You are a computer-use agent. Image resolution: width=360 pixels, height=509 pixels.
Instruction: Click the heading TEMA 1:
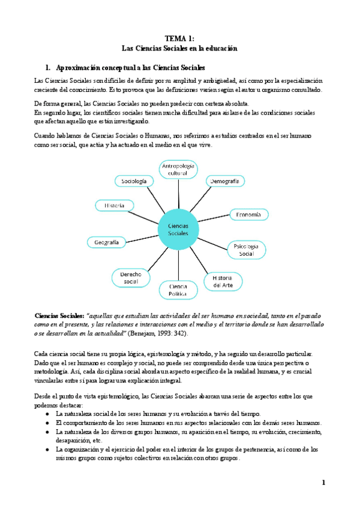point(180,39)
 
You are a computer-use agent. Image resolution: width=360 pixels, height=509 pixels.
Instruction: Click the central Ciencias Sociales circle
point(178,229)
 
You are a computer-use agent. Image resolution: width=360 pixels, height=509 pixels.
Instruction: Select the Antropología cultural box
point(178,169)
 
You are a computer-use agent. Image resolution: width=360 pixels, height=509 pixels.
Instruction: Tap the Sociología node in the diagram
point(134,181)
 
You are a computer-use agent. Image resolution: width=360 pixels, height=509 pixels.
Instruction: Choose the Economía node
point(248,214)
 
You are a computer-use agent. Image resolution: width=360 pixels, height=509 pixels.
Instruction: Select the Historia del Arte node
point(223,280)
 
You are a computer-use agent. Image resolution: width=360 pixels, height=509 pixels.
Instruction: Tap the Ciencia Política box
point(178,290)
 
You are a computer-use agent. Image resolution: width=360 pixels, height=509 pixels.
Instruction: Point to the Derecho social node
point(130,278)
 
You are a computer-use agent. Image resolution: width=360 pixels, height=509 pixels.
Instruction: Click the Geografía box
point(107,242)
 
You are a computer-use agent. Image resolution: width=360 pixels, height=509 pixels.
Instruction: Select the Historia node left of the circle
point(115,205)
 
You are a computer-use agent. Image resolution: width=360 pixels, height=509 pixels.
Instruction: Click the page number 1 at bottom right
point(323,483)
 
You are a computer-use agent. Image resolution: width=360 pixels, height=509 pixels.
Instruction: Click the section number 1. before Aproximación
point(49,67)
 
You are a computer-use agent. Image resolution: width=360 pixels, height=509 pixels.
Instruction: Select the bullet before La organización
point(48,449)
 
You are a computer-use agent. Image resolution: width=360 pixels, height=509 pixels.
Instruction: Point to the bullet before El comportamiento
point(48,423)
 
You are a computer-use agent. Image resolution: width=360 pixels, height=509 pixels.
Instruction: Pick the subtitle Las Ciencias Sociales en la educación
point(180,48)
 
